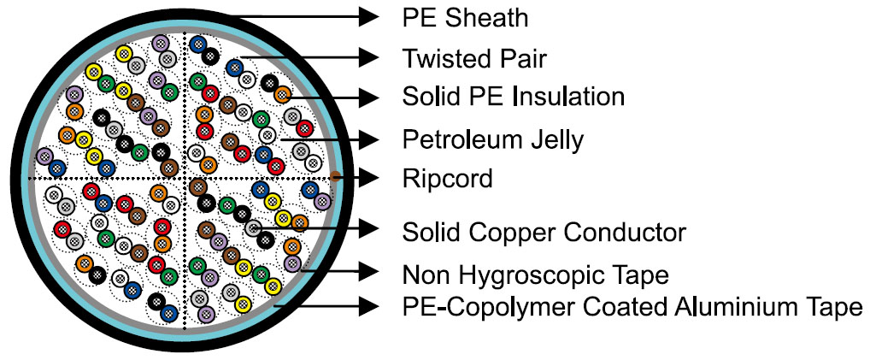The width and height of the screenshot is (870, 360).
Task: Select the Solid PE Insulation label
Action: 513,97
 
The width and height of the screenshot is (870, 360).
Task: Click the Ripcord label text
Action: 447,179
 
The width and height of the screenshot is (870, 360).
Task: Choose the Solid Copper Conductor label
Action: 544,230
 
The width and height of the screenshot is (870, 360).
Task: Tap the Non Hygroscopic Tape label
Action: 534,274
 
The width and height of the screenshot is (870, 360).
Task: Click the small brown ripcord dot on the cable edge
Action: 337,176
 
